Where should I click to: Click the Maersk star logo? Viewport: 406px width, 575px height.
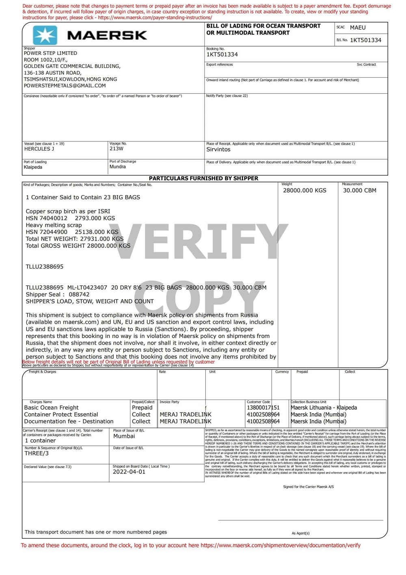45,35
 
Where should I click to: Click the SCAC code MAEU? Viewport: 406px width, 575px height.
358,28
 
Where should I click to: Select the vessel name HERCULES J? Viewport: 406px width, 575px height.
39,149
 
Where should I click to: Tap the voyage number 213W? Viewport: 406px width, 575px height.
117,149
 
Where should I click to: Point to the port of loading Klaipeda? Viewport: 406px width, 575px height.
33,167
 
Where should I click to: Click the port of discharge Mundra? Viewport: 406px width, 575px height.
118,167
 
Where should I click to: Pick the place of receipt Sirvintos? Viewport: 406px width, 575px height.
218,150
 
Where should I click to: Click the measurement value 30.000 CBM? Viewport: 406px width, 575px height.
360,190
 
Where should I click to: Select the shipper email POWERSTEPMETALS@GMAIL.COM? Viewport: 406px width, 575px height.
65,86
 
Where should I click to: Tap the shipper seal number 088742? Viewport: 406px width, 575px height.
79,295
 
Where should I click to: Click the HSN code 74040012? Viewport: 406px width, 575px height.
53,218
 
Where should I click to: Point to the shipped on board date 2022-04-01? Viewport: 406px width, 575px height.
129,472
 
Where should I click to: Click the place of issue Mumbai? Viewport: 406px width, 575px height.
124,436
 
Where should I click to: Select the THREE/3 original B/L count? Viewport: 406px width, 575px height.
37,453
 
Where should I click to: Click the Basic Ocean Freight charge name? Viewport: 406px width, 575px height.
52,408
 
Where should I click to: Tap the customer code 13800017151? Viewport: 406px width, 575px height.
263,408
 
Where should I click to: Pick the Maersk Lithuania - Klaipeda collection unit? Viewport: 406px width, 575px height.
324,408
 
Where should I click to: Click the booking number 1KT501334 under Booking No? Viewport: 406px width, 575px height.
222,54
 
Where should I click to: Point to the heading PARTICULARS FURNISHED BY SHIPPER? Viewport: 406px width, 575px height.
203,178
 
